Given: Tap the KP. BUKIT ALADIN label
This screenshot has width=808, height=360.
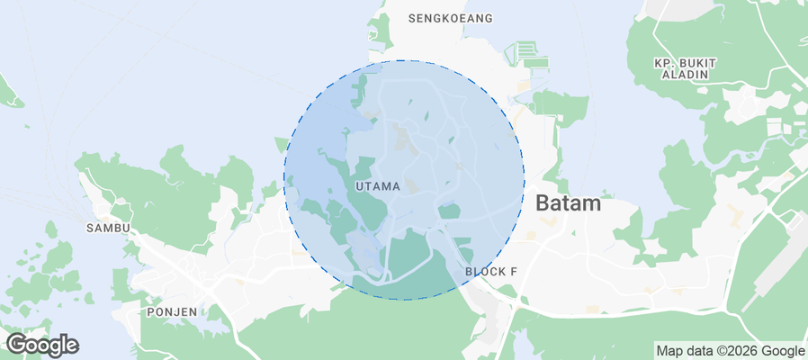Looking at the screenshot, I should [x=685, y=68].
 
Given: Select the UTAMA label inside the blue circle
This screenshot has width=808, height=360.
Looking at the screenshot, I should [x=378, y=186].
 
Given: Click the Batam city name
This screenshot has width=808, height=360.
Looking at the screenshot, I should [x=568, y=203].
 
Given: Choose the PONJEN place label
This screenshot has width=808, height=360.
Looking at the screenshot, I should [x=171, y=311].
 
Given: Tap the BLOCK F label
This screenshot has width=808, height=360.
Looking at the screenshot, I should [x=491, y=272].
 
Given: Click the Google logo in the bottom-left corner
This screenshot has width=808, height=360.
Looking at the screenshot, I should [x=41, y=345].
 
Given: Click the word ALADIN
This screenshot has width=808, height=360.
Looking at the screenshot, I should [x=685, y=76].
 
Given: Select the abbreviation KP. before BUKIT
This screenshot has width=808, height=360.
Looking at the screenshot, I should [x=664, y=62].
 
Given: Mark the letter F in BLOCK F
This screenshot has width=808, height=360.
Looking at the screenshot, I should [x=514, y=272].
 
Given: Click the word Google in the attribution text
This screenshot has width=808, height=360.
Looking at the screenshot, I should [x=785, y=351].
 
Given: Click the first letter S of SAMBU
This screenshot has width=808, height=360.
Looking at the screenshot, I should [x=90, y=229].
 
